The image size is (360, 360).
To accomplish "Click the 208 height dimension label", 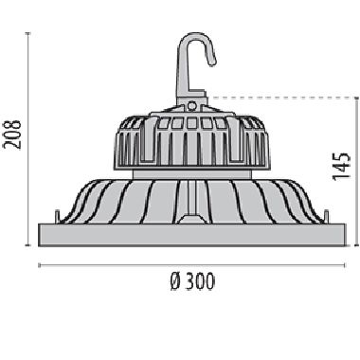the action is point(12,135).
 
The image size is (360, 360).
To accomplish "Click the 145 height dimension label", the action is point(342,167).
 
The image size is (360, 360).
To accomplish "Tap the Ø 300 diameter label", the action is point(192,282).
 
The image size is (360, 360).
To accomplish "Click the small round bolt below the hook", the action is point(191,105).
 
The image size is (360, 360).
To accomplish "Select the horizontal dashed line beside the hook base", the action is point(283,98).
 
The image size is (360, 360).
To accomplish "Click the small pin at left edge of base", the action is point(58,217).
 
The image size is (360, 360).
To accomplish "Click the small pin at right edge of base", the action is point(326,217).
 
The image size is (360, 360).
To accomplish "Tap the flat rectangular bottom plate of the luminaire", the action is point(192,235).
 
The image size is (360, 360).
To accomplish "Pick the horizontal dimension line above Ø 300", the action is point(192,265).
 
